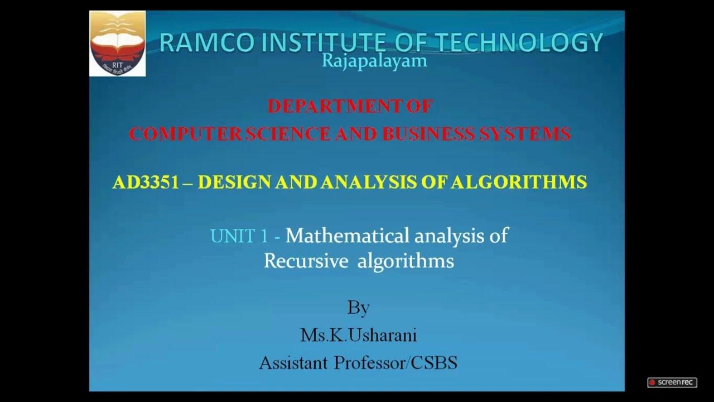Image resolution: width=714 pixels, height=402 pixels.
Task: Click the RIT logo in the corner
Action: point(118,43)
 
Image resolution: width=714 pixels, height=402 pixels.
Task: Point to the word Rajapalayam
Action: point(374,60)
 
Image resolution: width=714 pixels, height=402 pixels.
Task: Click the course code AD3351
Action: point(144,182)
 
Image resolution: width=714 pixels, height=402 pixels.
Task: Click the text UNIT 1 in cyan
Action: point(239,236)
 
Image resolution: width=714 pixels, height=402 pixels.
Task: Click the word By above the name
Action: point(358,308)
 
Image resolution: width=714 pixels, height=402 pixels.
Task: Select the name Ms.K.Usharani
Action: point(358,335)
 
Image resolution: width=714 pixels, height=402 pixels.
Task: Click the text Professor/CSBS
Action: point(395,363)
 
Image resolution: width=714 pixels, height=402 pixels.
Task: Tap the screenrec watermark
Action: point(672,382)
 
